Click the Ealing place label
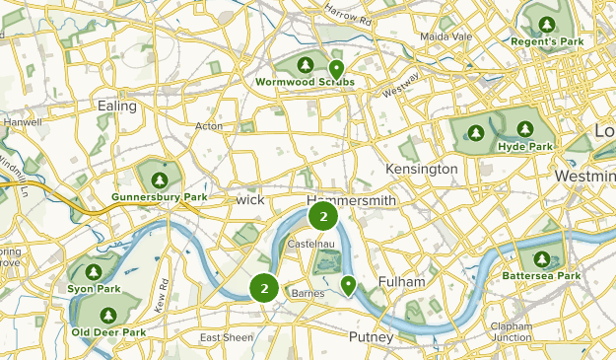coord(116,105)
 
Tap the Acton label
coord(209,126)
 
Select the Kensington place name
coord(422,169)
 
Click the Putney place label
coord(371,337)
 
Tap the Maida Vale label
coord(447,36)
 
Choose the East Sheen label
coord(226,338)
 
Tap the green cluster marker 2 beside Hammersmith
coord(323,215)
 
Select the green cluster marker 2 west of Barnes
coord(263,287)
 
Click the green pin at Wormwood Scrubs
coord(336,69)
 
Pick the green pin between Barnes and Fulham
coord(348,285)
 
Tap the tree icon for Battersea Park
coord(541,259)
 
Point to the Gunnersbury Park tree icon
coord(159,180)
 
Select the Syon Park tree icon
coord(94,271)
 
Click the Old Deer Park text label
coord(108,332)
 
